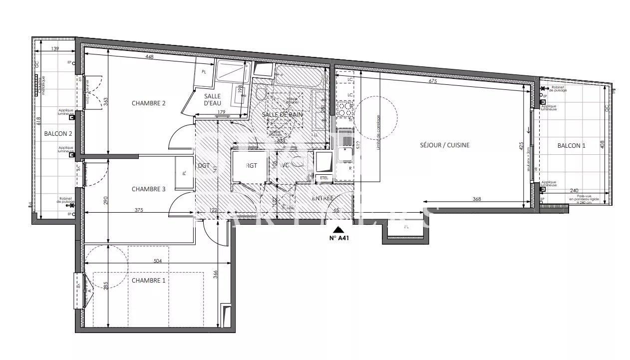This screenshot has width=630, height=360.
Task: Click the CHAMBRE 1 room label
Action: (148, 281)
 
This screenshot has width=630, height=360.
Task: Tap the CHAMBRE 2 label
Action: (148, 103)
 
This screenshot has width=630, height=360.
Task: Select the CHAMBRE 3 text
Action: (148, 189)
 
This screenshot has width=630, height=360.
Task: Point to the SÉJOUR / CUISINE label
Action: (444, 145)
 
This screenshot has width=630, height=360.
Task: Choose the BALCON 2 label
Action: (58, 134)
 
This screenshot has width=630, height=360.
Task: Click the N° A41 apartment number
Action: (338, 238)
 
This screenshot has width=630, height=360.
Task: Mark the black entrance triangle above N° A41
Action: (338, 230)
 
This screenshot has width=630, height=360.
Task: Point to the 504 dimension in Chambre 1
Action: (158, 261)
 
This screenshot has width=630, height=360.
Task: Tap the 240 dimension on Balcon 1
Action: (574, 190)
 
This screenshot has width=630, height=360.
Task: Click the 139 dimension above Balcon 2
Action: (55, 48)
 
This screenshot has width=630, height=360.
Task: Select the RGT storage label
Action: (252, 166)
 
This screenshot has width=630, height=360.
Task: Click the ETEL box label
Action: (324, 177)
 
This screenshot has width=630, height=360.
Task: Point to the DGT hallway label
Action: (203, 166)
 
